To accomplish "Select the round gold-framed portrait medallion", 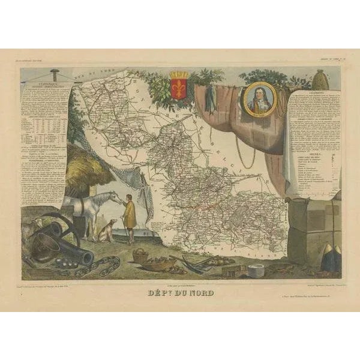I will click(260, 99).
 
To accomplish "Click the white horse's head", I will click(113, 197).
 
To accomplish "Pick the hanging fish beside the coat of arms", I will click(209, 99).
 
